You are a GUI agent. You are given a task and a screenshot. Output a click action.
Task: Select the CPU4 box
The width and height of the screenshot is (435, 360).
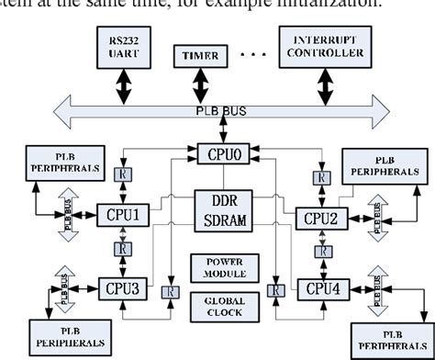coord(321,289)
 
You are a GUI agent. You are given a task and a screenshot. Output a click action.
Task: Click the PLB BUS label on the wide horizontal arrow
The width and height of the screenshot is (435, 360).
coord(220,110)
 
